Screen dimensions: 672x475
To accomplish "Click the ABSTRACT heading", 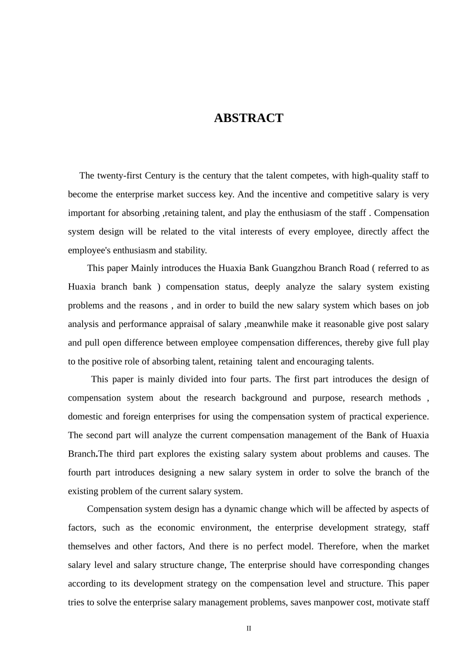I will point(248,118).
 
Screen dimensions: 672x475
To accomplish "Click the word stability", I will point(190,250).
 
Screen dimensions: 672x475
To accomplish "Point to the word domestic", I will point(85,416).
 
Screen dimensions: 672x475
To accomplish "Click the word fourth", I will point(80,472).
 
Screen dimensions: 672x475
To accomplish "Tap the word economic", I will point(175,528).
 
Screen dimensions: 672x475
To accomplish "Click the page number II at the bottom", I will point(248,628).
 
